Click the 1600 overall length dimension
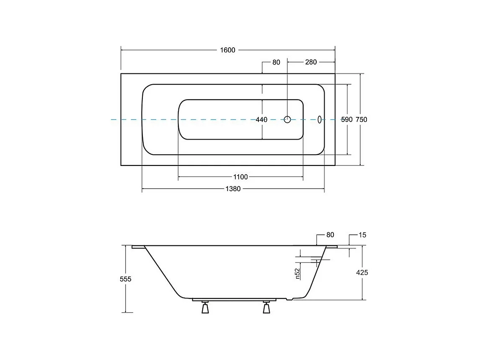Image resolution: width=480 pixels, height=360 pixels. [228, 50]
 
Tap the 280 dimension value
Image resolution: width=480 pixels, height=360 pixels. [311, 62]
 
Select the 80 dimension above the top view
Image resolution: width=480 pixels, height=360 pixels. [276, 62]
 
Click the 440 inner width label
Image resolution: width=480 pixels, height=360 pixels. [261, 120]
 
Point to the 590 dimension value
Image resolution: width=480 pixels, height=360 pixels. [346, 120]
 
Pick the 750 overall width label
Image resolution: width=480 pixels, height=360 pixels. [361, 120]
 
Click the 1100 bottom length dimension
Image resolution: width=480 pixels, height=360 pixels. [240, 177]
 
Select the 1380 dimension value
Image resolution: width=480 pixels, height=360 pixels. [233, 189]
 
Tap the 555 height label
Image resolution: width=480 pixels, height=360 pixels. [126, 279]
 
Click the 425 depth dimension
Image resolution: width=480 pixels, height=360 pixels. [362, 272]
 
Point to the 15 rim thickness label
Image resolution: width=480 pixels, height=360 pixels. [362, 235]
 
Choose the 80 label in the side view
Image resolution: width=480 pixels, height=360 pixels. [330, 235]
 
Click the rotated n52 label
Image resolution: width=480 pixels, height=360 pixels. [297, 274]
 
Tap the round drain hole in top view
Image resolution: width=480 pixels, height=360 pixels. [287, 119]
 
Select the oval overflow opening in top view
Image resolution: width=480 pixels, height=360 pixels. [320, 120]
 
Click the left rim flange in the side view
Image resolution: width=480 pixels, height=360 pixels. [138, 247]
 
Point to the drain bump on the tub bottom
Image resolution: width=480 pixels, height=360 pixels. [289, 299]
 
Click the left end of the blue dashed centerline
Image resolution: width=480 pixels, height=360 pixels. [112, 120]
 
